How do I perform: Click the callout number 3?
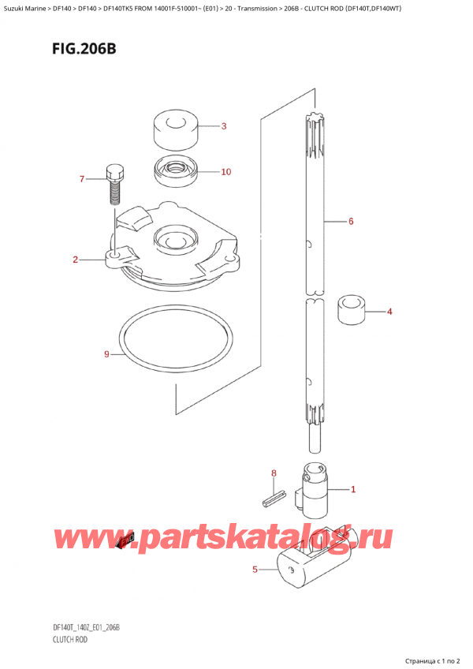[223, 126]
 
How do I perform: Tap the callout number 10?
[225, 172]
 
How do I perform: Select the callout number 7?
[81, 180]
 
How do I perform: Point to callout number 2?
[75, 260]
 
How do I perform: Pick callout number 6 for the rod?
[350, 222]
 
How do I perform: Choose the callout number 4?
[389, 312]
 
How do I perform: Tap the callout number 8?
[274, 474]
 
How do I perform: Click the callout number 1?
[352, 490]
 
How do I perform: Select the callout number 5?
[254, 569]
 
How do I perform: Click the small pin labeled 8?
[273, 497]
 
